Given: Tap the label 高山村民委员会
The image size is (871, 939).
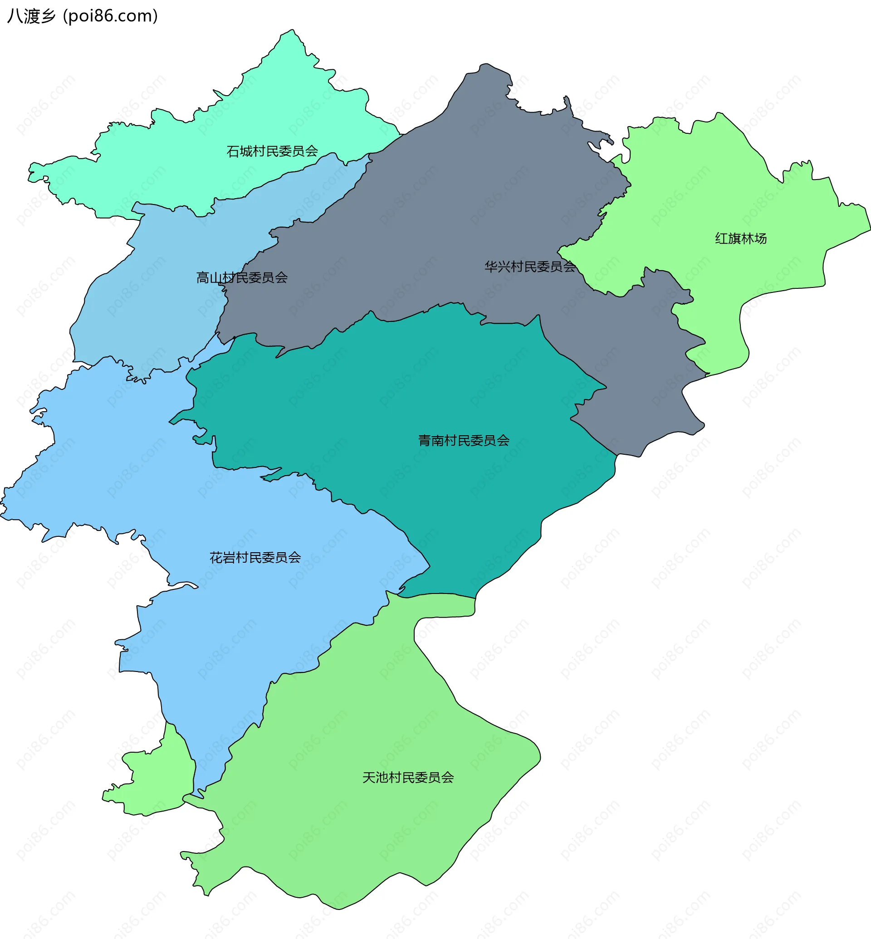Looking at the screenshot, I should pyautogui.click(x=242, y=277).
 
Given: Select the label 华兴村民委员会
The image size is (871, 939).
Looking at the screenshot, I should pyautogui.click(x=530, y=267).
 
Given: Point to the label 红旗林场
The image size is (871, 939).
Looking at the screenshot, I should pyautogui.click(x=740, y=238).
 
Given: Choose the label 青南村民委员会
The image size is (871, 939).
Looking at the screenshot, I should pyautogui.click(x=464, y=441).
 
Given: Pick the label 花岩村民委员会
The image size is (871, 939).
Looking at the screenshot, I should pyautogui.click(x=255, y=558).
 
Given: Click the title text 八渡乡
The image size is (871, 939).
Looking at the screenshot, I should pyautogui.click(x=31, y=16).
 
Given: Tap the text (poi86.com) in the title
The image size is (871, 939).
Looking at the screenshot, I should pyautogui.click(x=111, y=16).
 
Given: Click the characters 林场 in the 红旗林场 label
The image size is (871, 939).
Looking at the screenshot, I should pyautogui.click(x=754, y=238).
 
